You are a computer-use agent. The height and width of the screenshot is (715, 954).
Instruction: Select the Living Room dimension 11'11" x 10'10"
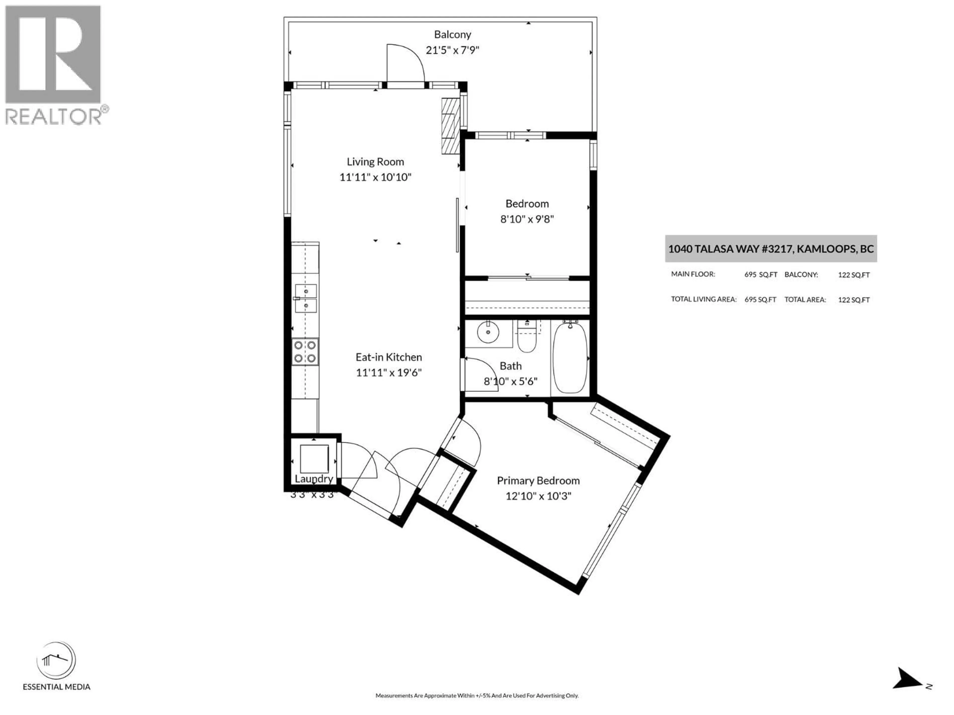click(x=375, y=177)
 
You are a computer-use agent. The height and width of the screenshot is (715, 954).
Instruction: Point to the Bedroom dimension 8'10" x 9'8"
click(x=527, y=219)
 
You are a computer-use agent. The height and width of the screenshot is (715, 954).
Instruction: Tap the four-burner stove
click(x=305, y=352)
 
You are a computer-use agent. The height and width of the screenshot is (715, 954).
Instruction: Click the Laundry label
click(x=314, y=479)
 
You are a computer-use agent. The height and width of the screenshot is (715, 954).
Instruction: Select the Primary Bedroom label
click(x=538, y=481)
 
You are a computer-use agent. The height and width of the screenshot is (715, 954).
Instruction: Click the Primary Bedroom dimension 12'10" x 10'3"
click(x=538, y=496)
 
